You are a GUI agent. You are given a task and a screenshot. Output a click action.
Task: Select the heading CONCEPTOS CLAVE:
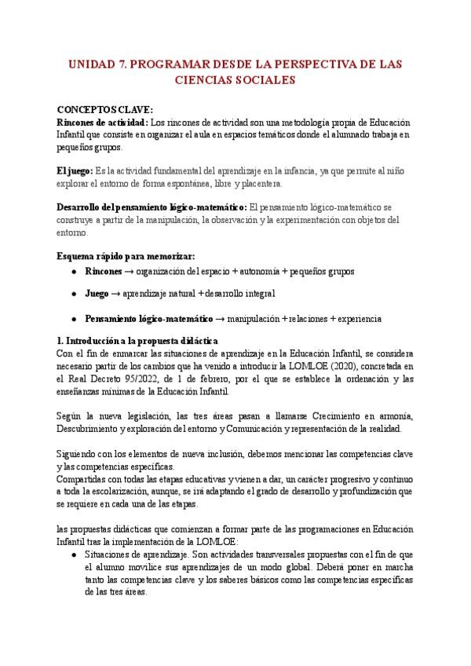[105, 111]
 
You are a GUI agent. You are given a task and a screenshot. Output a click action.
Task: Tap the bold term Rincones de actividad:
[102, 123]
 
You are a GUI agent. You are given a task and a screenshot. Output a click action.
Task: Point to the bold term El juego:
[75, 171]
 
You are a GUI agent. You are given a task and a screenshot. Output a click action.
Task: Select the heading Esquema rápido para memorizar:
[126, 256]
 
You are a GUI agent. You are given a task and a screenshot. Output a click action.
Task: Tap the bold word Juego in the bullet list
[97, 294]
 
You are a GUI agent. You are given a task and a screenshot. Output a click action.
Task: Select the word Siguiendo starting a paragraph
[80, 453]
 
